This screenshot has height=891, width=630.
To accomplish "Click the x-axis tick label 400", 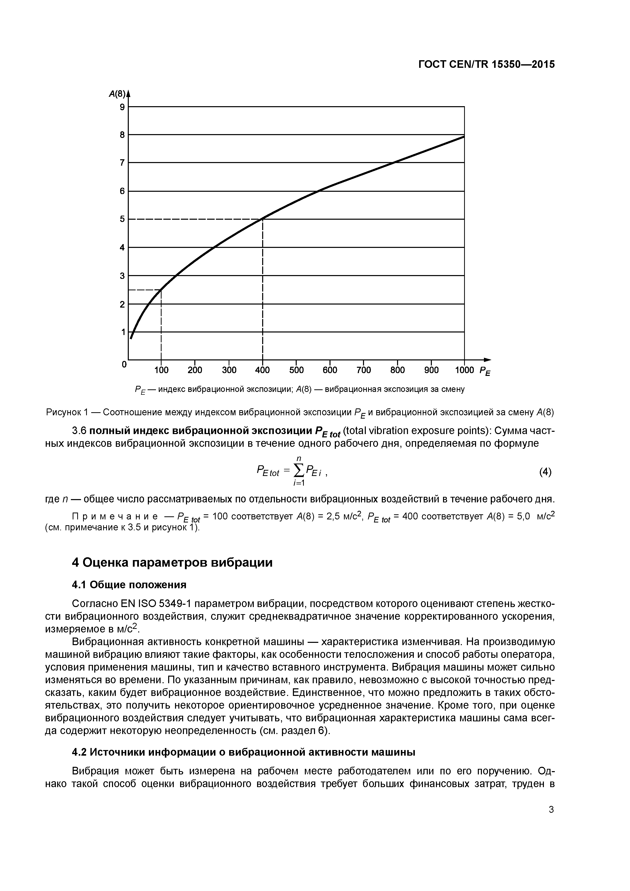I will click(x=262, y=370).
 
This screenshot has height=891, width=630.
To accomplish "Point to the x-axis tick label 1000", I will click(x=464, y=370).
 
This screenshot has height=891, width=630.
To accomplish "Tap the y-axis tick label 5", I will click(x=122, y=219).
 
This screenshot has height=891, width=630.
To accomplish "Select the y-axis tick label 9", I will click(x=122, y=107).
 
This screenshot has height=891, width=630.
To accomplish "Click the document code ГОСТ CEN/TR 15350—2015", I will click(x=486, y=65).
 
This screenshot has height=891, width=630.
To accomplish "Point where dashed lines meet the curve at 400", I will click(x=263, y=219).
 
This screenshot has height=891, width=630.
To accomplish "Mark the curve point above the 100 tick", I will click(x=161, y=290).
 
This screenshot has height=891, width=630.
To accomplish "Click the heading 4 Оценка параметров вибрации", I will click(x=172, y=563).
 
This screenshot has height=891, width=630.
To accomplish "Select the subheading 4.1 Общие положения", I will click(x=129, y=585).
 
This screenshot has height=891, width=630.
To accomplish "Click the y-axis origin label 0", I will click(x=124, y=364).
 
